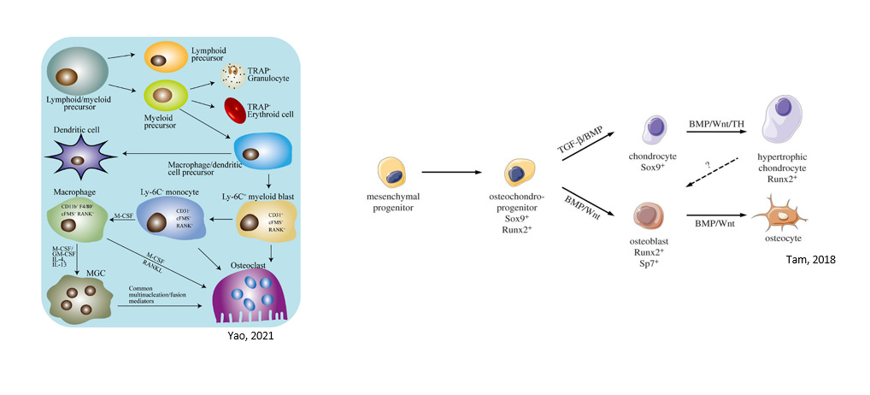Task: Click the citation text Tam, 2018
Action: [x=808, y=258]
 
